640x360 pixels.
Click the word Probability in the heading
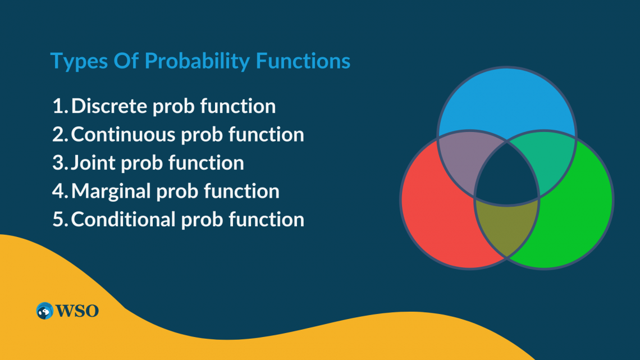click(191, 61)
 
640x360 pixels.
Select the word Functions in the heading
click(304, 61)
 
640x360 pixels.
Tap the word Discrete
click(110, 106)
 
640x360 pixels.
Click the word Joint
click(94, 162)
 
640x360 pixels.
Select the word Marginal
click(112, 191)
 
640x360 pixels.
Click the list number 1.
click(58, 106)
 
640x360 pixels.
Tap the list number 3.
click(58, 163)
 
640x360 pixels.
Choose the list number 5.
click(58, 220)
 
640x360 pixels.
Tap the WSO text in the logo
click(77, 311)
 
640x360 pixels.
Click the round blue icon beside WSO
click(45, 311)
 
